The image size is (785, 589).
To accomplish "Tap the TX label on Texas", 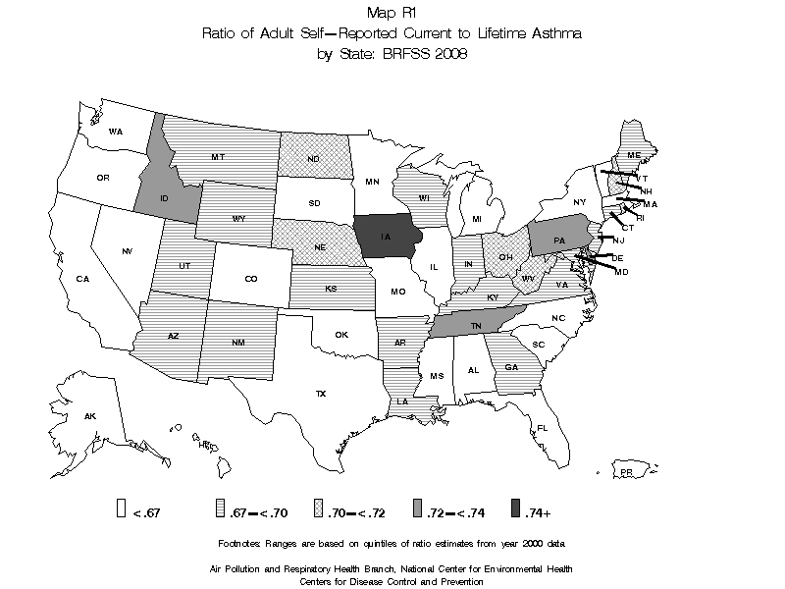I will (x=320, y=394).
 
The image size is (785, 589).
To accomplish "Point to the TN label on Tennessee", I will (x=475, y=326).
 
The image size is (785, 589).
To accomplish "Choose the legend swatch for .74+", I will (x=515, y=509).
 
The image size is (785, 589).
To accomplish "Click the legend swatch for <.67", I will (x=122, y=509).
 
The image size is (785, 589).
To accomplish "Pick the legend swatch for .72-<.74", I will (x=417, y=509).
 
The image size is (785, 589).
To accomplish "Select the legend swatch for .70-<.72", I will (x=318, y=509).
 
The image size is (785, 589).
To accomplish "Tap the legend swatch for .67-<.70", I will (x=220, y=509).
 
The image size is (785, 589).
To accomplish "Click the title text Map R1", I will (x=392, y=13).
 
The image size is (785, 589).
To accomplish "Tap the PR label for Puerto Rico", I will (x=625, y=473).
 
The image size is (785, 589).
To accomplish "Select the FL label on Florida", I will (x=541, y=428).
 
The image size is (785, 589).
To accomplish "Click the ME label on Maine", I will (x=634, y=156).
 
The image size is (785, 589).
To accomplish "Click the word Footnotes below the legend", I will (x=244, y=543).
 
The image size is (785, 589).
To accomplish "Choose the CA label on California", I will (x=82, y=279).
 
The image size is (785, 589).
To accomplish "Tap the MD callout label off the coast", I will (x=621, y=271).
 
